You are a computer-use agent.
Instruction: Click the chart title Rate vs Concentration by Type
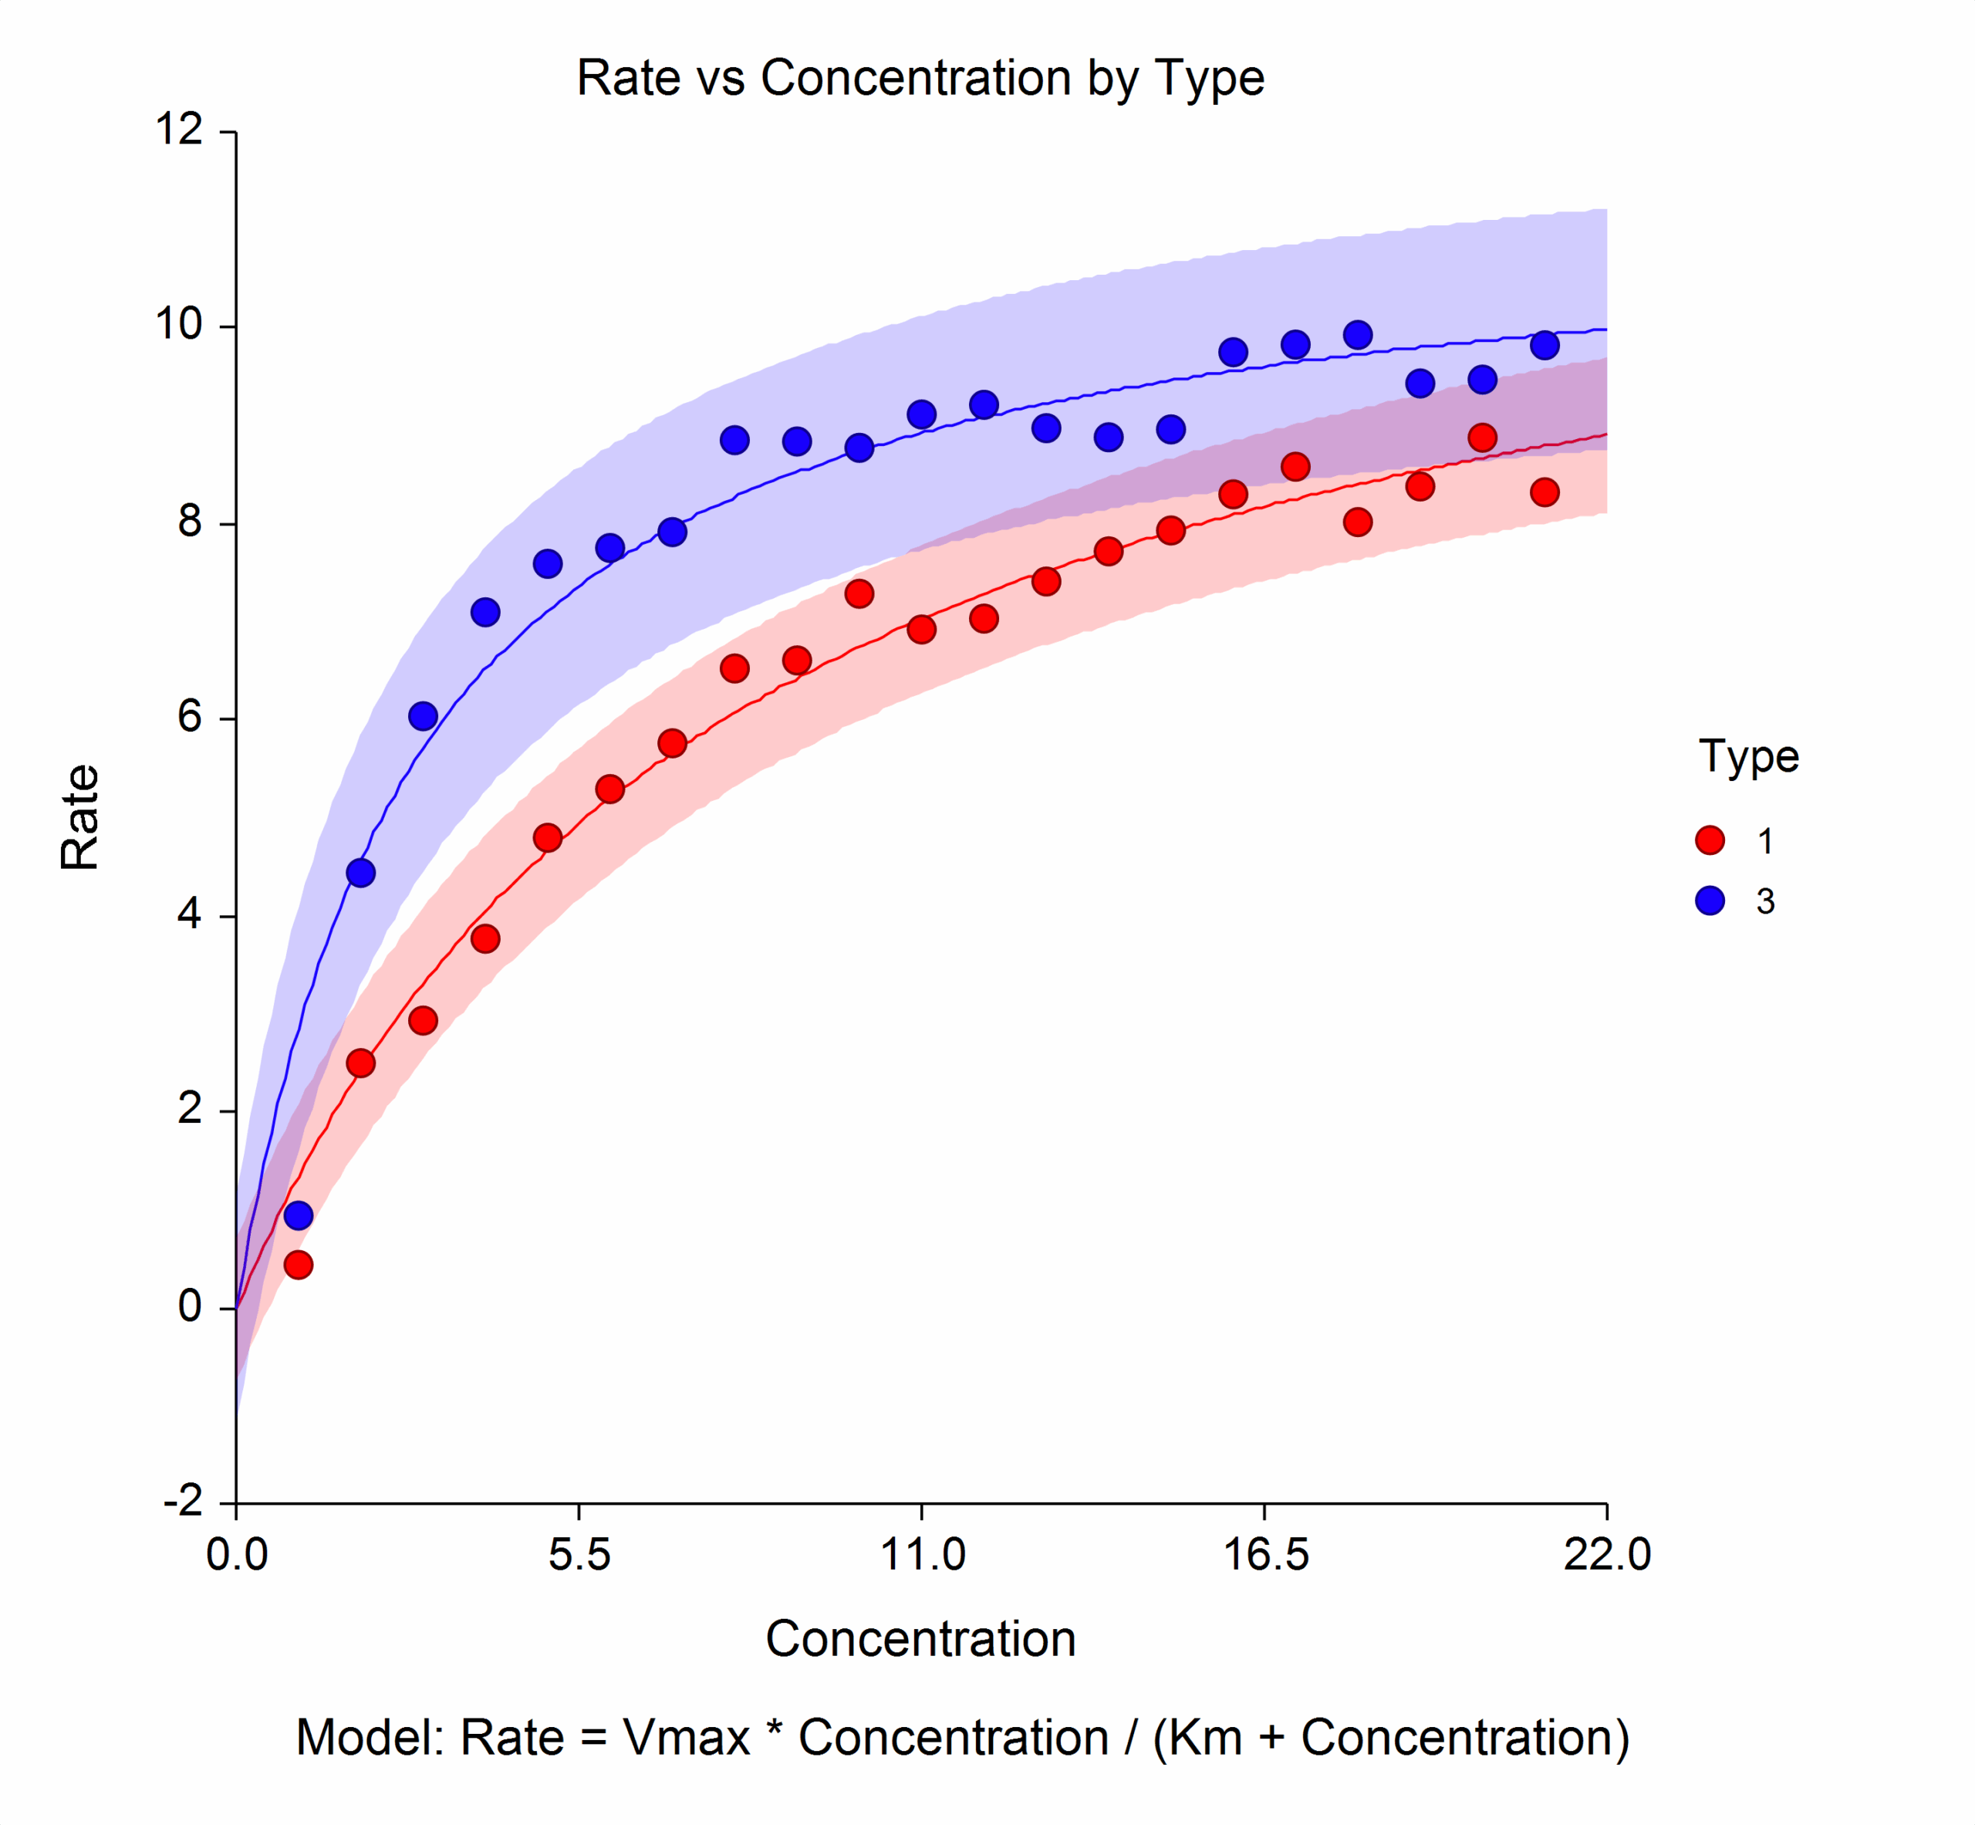point(920,78)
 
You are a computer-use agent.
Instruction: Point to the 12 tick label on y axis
point(179,130)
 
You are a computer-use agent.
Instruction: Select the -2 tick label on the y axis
point(183,1502)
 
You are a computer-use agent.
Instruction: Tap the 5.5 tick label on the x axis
point(579,1556)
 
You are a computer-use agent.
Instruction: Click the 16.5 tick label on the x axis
point(1265,1556)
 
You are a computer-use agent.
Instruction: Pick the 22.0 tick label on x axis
point(1607,1556)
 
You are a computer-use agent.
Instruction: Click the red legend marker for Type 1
point(1710,840)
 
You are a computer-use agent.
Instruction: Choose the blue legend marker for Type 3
point(1710,901)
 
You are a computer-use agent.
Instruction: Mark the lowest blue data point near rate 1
point(299,1215)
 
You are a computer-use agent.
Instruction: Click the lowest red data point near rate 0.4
point(299,1265)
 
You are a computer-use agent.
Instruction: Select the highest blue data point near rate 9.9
point(1358,335)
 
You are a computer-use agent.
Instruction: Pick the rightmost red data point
point(1545,492)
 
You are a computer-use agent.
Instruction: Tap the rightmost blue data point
point(1545,346)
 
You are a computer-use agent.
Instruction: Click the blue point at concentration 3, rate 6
point(423,716)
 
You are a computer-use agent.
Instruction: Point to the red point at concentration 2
point(360,1063)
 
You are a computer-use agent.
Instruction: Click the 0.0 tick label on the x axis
point(237,1556)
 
